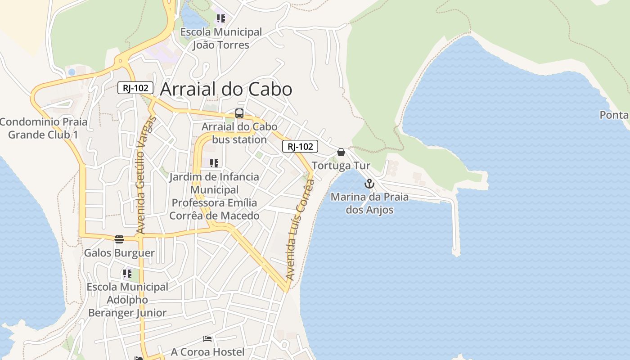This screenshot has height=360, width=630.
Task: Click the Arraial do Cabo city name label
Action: pyautogui.click(x=226, y=89)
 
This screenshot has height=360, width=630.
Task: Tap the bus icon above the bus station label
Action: pyautogui.click(x=239, y=113)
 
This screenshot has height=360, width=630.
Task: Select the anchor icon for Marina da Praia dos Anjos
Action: pyautogui.click(x=369, y=184)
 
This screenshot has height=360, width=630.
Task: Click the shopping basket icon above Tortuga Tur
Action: pyautogui.click(x=341, y=152)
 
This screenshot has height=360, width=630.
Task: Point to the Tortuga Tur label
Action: pyautogui.click(x=341, y=166)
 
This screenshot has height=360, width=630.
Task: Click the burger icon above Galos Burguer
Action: pyautogui.click(x=119, y=239)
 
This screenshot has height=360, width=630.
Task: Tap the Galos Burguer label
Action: pyautogui.click(x=119, y=253)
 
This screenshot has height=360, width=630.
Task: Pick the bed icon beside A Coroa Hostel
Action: pyautogui.click(x=207, y=339)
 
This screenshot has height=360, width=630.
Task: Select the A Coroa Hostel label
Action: pyautogui.click(x=208, y=352)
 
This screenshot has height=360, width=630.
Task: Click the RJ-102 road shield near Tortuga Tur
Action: pyautogui.click(x=300, y=146)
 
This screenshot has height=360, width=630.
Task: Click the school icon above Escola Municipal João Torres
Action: pyautogui.click(x=220, y=18)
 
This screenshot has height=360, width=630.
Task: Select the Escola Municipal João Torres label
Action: pyautogui.click(x=221, y=38)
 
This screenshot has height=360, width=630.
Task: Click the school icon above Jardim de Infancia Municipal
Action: pyautogui.click(x=214, y=163)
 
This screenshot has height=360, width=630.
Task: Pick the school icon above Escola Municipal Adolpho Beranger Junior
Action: pyautogui.click(x=127, y=273)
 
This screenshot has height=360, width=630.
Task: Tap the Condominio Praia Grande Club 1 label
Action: pyautogui.click(x=44, y=128)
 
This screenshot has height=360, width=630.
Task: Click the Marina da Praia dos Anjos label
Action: pyautogui.click(x=370, y=203)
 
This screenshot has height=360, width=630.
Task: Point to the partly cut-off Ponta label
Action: pyautogui.click(x=615, y=115)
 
